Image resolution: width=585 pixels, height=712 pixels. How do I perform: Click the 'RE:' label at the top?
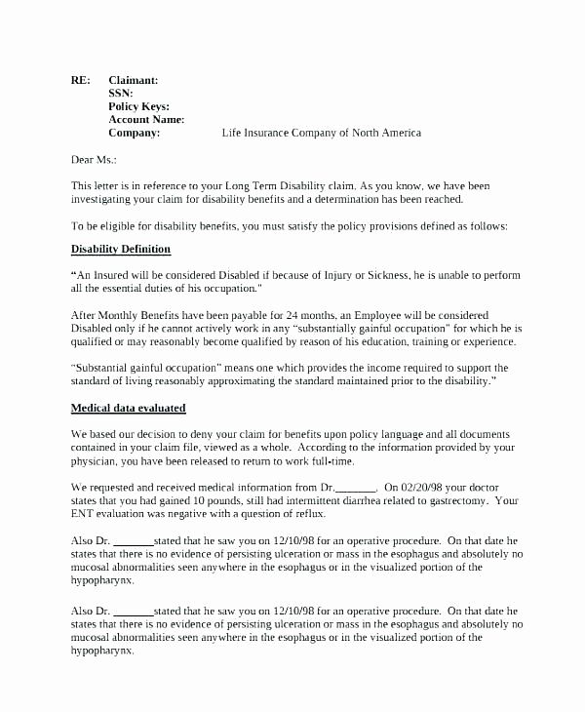81,81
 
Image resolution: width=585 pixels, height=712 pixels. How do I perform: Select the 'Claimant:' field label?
134,81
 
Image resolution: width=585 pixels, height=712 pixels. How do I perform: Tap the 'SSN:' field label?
121,94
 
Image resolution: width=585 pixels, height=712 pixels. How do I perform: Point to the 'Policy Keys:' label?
138,106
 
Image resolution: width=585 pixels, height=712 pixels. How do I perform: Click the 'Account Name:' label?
146,119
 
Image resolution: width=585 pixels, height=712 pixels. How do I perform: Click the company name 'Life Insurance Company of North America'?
322,133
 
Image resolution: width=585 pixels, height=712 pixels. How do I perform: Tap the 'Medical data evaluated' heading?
129,407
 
